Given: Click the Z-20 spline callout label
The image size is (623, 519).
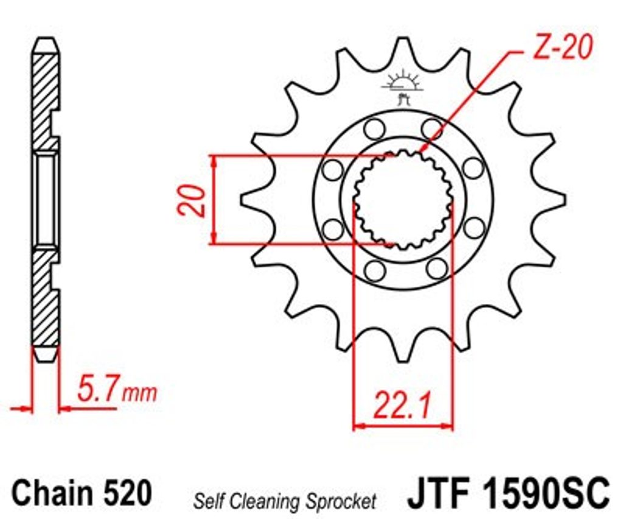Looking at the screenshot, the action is click(x=562, y=48).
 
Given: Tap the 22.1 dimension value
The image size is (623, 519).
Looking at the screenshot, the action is click(x=402, y=405).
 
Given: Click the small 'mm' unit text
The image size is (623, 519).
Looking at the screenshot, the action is click(x=139, y=394).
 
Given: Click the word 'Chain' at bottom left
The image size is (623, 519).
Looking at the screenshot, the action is click(x=53, y=493).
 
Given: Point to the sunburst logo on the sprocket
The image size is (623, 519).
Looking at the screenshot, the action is click(x=403, y=87).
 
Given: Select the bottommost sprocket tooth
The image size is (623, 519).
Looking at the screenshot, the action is click(x=403, y=345).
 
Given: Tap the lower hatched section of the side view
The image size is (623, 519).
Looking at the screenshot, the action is click(x=44, y=298).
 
